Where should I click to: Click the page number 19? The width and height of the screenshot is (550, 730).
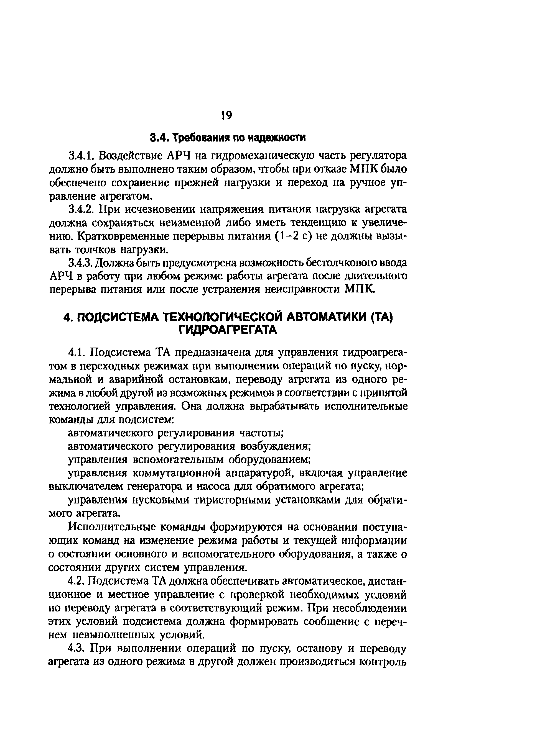click(x=226, y=115)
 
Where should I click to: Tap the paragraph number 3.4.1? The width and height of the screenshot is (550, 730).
click(x=81, y=155)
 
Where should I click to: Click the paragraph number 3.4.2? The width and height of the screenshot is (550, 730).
click(x=82, y=209)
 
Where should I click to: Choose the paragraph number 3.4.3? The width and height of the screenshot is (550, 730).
click(x=80, y=263)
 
